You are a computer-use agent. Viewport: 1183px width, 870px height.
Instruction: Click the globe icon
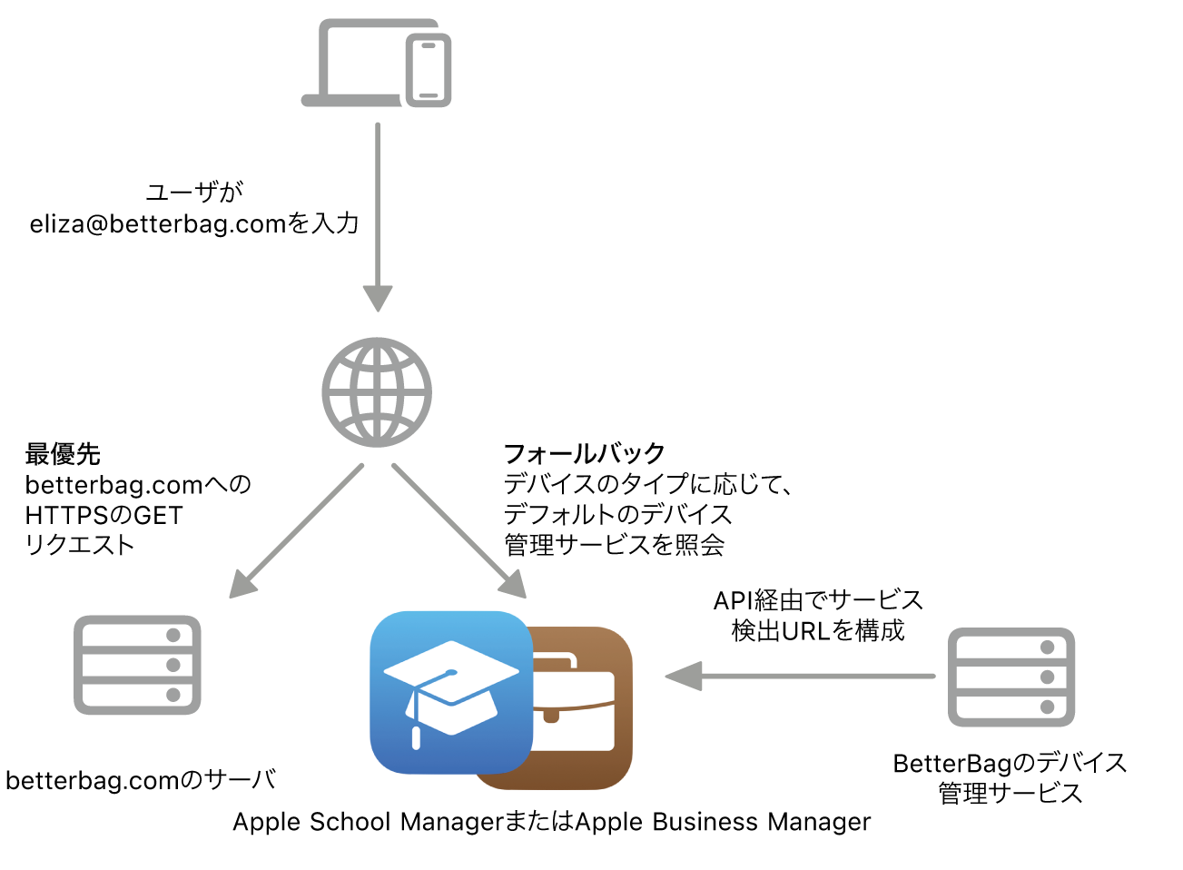click(377, 392)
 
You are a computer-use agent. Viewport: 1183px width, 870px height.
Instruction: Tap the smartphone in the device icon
click(429, 71)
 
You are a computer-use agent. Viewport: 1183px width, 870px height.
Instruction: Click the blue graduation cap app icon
click(450, 692)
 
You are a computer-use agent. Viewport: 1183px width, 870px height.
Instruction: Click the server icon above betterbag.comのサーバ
click(137, 665)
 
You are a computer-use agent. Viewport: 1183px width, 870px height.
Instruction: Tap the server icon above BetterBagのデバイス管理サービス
click(1011, 677)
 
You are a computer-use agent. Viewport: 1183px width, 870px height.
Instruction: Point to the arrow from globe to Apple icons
click(458, 531)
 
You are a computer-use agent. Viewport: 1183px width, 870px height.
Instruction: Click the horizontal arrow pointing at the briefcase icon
click(799, 676)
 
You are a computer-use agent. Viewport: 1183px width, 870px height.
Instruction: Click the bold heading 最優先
click(63, 453)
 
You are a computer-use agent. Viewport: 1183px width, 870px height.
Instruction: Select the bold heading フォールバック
click(584, 453)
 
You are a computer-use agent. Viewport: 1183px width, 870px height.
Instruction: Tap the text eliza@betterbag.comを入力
click(194, 223)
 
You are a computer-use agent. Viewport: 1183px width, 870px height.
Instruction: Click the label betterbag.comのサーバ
click(141, 780)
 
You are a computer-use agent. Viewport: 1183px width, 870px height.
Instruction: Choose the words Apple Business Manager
click(723, 822)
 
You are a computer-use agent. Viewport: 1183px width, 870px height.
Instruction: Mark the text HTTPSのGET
click(104, 515)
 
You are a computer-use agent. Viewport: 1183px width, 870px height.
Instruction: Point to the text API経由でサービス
click(818, 599)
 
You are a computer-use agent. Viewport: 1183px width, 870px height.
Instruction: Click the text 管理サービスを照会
click(614, 545)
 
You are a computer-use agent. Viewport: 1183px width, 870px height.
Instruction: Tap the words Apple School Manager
click(368, 822)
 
